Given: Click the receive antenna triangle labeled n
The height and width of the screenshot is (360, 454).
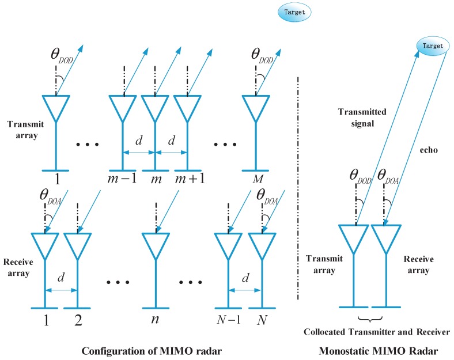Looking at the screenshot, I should [154, 245].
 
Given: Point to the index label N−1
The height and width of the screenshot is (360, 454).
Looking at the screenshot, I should [229, 317].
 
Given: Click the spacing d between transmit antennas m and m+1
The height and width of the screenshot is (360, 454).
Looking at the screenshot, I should [172, 142].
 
